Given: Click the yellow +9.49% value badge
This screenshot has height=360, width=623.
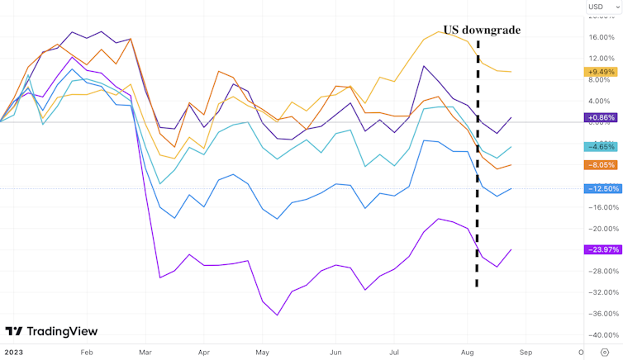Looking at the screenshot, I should [x=602, y=71].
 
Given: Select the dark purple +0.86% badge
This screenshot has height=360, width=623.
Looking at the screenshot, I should [x=602, y=118].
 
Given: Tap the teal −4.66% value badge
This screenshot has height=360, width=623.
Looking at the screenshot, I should [x=602, y=146].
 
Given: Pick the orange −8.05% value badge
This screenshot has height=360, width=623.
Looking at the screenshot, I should [x=602, y=164].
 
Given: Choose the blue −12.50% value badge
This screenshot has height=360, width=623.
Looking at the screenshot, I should [x=602, y=188].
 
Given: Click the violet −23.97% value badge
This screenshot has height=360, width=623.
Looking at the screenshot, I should [x=602, y=249].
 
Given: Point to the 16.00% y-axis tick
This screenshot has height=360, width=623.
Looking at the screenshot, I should [x=601, y=37].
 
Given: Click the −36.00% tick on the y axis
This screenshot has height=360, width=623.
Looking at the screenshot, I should [x=601, y=314].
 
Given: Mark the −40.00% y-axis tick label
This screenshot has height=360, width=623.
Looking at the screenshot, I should [x=601, y=335].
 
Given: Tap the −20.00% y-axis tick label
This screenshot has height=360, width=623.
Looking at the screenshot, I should [x=601, y=229].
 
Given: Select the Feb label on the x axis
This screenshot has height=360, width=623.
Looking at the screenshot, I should [x=87, y=352].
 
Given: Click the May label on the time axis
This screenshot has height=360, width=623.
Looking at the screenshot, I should [x=262, y=352].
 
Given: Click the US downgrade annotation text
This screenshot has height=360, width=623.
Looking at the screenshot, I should [x=482, y=30].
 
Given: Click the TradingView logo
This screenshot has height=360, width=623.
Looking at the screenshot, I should [x=51, y=331].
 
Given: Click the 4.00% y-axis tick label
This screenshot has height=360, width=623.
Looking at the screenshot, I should [x=601, y=101].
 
